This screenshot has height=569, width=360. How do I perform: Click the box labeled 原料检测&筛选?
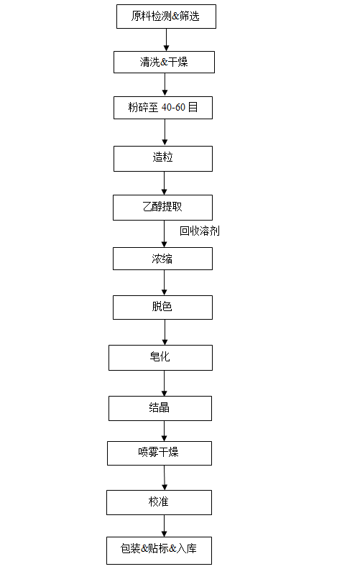tap(166, 17)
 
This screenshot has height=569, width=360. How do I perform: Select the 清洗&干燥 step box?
tap(164, 62)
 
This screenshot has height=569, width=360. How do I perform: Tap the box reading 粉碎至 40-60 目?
tap(163, 108)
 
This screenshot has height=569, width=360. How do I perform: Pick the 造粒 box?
tap(163, 159)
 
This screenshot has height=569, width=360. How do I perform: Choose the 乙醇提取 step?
tap(162, 208)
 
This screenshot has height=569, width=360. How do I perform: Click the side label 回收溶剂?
tap(200, 231)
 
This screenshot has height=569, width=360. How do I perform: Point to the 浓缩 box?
tap(162, 259)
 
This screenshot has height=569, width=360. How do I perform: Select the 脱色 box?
tap(162, 307)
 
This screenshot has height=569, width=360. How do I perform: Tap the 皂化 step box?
tap(160, 358)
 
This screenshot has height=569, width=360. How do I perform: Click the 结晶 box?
tap(160, 408)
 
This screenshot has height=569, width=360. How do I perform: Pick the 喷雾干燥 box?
tap(160, 453)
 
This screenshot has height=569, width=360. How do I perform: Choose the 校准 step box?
tap(159, 503)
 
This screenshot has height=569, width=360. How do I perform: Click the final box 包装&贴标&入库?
tap(159, 550)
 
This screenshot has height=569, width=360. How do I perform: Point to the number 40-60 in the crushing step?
tap(173, 108)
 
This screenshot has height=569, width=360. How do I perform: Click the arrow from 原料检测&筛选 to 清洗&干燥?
tap(166, 40)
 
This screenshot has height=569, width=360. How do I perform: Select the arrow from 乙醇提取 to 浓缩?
tap(164, 234)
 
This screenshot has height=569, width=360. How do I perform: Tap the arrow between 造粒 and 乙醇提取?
tap(164, 183)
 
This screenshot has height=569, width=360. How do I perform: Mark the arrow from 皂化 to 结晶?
tap(164, 383)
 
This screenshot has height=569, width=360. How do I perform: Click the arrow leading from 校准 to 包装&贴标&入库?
tap(164, 526)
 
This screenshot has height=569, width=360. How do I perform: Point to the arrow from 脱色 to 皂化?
tap(165, 332)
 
